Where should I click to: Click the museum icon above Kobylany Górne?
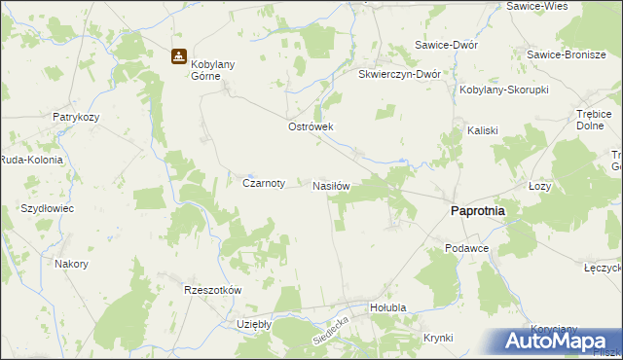click(x=178, y=56)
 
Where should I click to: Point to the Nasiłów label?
click(x=331, y=184)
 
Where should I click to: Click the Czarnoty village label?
click(x=263, y=182)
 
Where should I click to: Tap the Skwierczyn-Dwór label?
click(x=400, y=74)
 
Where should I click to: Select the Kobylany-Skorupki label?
click(x=504, y=90)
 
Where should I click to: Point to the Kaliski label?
click(x=483, y=129)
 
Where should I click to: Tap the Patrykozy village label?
click(x=78, y=117)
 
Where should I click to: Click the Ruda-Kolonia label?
click(x=31, y=160)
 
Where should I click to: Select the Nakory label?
click(x=72, y=264)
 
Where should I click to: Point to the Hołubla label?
click(x=374, y=307)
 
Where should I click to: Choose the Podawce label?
click(x=466, y=248)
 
